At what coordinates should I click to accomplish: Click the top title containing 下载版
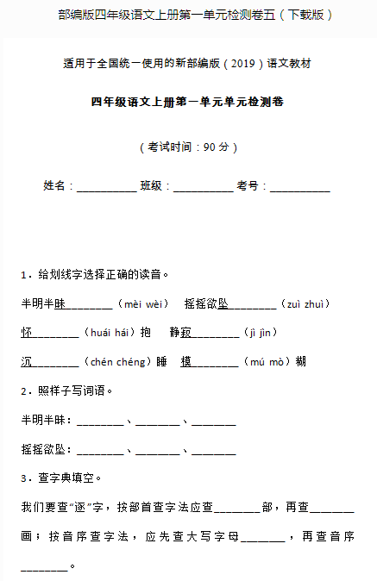coord(188,15)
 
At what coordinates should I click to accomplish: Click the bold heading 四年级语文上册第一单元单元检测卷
coord(188,102)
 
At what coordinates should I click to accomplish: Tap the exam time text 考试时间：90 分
coord(188,147)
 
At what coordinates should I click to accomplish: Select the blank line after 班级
coord(203,187)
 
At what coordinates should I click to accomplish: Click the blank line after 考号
coord(299,187)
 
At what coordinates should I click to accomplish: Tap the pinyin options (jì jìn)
coord(261,332)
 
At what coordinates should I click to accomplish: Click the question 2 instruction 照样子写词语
coord(75,390)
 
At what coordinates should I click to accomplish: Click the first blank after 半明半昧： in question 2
coord(100,422)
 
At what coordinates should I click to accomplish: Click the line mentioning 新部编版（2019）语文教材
coord(188,64)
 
